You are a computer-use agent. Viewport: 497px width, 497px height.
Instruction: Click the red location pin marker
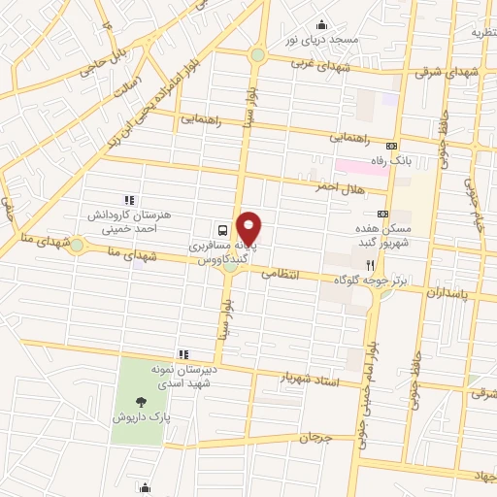tap(249, 228)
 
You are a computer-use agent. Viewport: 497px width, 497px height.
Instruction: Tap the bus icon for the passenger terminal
tap(223, 230)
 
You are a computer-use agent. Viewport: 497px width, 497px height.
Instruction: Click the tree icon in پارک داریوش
tap(143, 400)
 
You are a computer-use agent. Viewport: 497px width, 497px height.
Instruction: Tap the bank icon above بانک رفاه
tap(392, 143)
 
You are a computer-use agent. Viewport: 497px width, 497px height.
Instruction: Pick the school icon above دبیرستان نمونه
tap(182, 353)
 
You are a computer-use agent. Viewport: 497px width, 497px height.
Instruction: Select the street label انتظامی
tap(285, 276)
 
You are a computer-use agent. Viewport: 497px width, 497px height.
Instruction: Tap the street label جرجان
tap(316, 439)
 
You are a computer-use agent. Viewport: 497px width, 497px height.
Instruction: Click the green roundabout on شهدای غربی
tap(257, 55)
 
